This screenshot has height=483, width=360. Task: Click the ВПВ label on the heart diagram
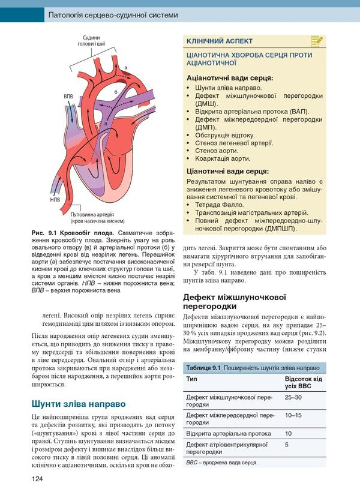pyautogui.click(x=68, y=95)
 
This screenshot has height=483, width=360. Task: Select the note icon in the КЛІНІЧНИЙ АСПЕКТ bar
pyautogui.click(x=317, y=41)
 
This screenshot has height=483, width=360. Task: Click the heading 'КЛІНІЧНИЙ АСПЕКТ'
pyautogui.click(x=220, y=41)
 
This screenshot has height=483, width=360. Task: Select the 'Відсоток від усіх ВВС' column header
pyautogui.click(x=303, y=383)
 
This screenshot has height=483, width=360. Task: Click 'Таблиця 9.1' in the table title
pyautogui.click(x=203, y=367)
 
